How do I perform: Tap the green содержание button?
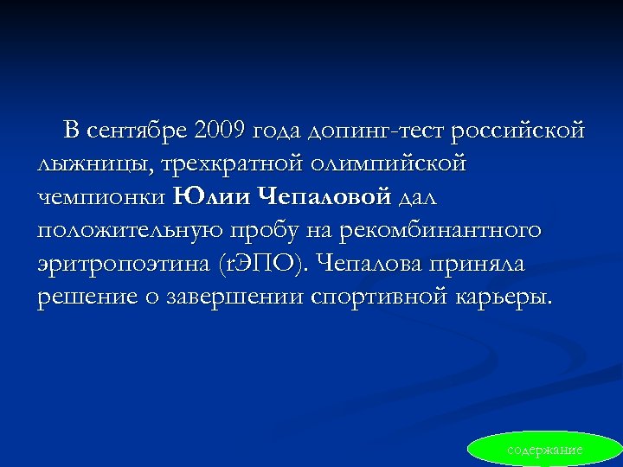pyautogui.click(x=544, y=450)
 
